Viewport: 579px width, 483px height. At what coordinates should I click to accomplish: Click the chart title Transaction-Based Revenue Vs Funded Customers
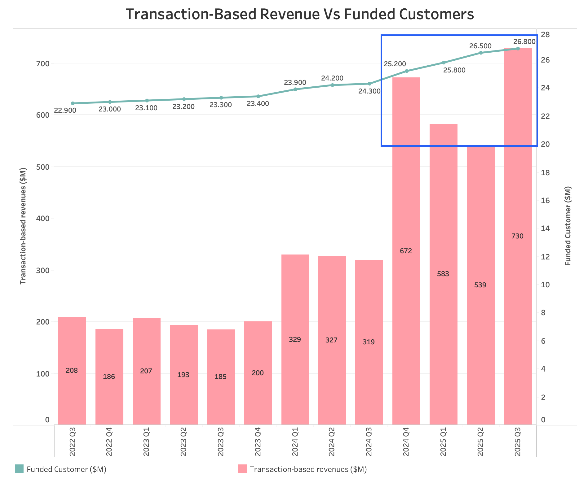[299, 15]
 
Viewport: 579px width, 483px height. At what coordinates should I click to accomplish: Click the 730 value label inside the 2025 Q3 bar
[517, 236]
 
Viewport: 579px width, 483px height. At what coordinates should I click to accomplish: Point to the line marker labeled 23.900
[295, 89]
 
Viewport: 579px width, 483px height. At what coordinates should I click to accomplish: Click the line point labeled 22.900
[73, 103]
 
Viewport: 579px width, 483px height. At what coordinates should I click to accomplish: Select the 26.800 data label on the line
[524, 42]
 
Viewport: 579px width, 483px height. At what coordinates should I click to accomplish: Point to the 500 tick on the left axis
[43, 167]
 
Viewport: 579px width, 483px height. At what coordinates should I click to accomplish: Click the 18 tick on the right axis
[545, 173]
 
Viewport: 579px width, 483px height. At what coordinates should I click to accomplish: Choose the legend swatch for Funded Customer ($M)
[19, 469]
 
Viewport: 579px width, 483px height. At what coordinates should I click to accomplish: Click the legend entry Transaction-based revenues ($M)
[308, 469]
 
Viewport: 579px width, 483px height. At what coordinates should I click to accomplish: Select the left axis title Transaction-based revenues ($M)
[23, 226]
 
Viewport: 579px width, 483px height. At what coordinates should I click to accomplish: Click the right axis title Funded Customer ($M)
[568, 226]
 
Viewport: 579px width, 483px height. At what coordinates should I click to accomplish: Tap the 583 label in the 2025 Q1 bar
[443, 274]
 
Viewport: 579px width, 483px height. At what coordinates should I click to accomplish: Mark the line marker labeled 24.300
[369, 84]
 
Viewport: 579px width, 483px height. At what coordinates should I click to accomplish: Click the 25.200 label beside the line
[395, 64]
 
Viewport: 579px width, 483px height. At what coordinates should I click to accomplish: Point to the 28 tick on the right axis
[545, 35]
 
